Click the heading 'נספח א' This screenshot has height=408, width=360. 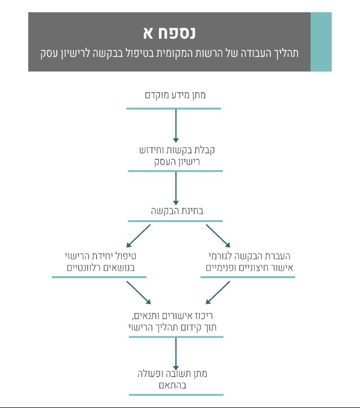[x=170, y=33]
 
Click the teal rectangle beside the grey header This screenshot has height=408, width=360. [x=321, y=42]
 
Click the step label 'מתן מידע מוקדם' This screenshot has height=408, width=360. [x=175, y=95]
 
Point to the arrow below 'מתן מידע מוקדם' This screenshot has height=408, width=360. [x=176, y=126]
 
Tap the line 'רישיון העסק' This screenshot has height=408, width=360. [x=177, y=162]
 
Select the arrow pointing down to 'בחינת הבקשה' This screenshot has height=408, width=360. [x=176, y=189]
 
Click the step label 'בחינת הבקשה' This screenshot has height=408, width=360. [x=177, y=211]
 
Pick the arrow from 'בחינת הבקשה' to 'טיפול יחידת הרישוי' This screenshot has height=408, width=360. [x=139, y=236]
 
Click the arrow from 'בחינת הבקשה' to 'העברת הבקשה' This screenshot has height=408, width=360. [x=218, y=236]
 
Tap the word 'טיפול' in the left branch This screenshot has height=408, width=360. [x=125, y=256]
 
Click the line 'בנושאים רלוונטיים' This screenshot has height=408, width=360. [x=101, y=268]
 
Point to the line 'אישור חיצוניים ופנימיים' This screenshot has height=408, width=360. [x=250, y=268]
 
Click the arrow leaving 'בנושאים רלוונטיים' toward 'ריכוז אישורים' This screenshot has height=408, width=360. [x=139, y=292]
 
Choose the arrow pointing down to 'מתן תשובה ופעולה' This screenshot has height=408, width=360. [x=176, y=354]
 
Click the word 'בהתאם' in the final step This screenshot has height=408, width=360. [x=173, y=385]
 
